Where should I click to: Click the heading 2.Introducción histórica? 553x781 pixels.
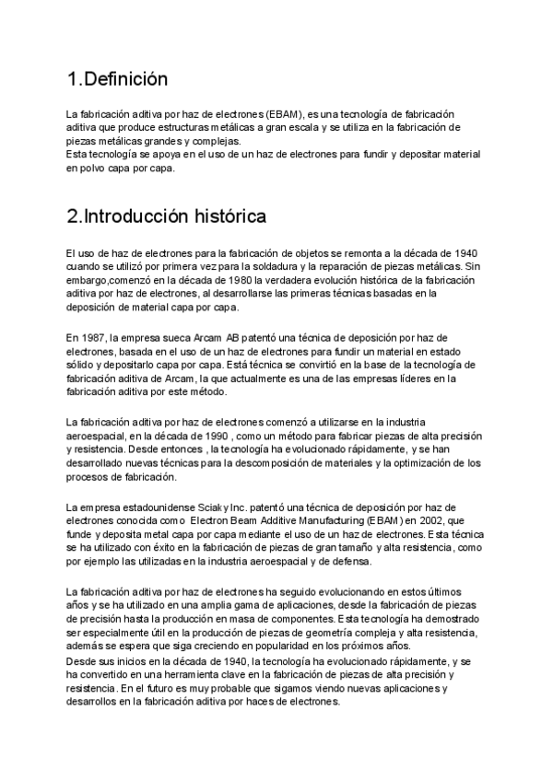click(167, 217)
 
